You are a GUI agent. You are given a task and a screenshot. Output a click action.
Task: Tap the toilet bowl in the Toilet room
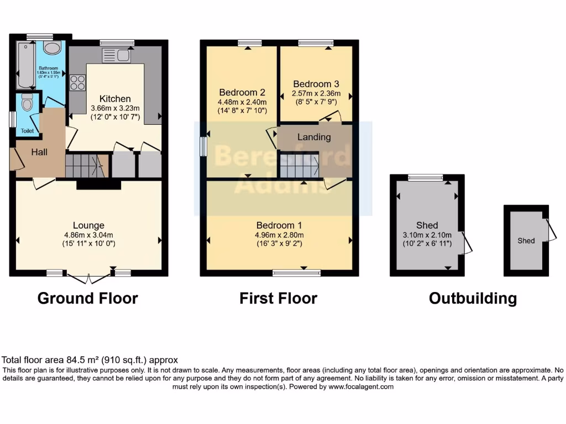pos(27,103)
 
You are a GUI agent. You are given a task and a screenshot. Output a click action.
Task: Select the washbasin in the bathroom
pos(53,48)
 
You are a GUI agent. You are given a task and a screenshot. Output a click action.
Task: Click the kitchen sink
pos(116,55)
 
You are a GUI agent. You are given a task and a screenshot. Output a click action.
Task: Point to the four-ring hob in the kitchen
pos(77,83)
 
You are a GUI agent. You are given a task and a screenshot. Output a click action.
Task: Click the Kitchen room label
pos(115,99)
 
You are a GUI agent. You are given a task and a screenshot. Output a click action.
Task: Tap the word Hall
pos(39,152)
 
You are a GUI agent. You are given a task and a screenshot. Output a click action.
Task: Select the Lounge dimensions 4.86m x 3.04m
pos(88,235)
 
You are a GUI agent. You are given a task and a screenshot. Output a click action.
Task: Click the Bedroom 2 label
pos(239,92)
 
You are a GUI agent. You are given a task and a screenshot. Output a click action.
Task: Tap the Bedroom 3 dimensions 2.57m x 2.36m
pos(316,93)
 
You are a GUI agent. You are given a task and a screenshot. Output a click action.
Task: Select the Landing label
pos(314,137)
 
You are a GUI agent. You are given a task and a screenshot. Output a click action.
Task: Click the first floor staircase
pos(298,165)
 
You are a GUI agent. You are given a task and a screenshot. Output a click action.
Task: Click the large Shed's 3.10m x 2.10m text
pos(427,235)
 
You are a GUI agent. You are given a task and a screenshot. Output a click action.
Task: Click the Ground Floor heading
pos(87,299)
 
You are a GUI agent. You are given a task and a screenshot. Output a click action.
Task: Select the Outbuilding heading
pos(473,299)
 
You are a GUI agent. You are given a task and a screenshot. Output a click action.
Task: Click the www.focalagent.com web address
pos(361,387)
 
